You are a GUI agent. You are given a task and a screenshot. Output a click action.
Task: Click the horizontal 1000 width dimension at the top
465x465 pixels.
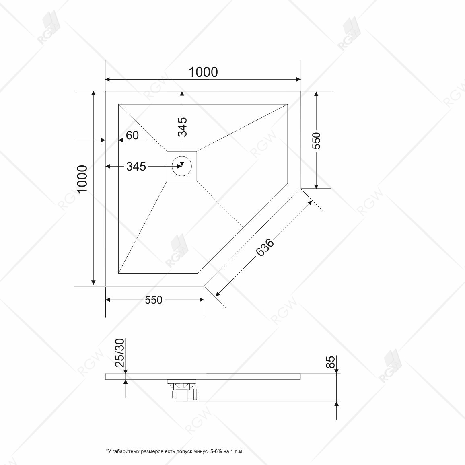(203, 72)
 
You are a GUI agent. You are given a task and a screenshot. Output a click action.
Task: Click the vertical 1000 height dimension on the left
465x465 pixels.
(82, 179)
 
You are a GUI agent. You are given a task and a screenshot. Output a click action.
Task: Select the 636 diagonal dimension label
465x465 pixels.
(265, 248)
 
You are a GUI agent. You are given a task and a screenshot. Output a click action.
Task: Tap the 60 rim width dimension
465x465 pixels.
(132, 135)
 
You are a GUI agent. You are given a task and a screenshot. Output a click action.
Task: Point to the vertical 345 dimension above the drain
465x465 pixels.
(182, 127)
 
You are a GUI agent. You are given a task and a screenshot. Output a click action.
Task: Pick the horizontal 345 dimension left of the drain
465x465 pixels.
(136, 166)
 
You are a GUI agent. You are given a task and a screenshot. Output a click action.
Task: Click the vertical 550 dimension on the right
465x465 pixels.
(317, 140)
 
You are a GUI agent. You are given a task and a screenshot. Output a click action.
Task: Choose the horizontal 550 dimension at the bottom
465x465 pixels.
(154, 300)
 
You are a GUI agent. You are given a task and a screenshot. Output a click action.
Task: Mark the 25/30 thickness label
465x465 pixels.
(120, 352)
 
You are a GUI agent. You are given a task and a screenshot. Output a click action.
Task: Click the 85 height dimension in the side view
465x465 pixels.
(330, 362)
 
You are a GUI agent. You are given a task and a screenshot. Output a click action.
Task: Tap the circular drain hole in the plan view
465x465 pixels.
(182, 166)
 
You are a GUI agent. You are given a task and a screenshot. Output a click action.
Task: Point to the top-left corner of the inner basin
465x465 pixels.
(119, 105)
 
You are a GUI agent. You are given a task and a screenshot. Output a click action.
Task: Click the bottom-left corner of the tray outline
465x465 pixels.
(105, 286)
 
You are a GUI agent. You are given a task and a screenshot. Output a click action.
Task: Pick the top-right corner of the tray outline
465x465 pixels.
(300, 91)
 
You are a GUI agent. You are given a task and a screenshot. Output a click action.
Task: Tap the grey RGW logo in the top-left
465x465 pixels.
(48, 28)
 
